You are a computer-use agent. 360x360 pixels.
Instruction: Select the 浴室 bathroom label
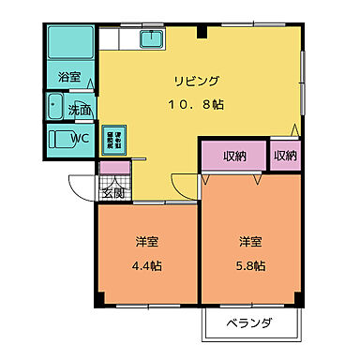69,77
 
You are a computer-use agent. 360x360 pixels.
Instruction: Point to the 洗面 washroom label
80,110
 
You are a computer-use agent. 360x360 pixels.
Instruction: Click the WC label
80,140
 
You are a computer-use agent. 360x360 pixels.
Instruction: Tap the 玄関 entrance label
112,193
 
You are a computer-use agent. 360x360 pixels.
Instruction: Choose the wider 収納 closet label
234,156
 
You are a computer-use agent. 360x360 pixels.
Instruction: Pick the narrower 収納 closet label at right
284,156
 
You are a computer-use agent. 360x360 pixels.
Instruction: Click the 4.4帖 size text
145,265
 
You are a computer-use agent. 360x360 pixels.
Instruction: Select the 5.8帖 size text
250,265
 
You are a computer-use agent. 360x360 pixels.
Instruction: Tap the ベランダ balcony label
250,324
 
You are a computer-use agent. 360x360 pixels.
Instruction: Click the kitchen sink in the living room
152,39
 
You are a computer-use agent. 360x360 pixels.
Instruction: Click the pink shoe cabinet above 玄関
113,171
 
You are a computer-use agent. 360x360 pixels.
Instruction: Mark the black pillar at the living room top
202,32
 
